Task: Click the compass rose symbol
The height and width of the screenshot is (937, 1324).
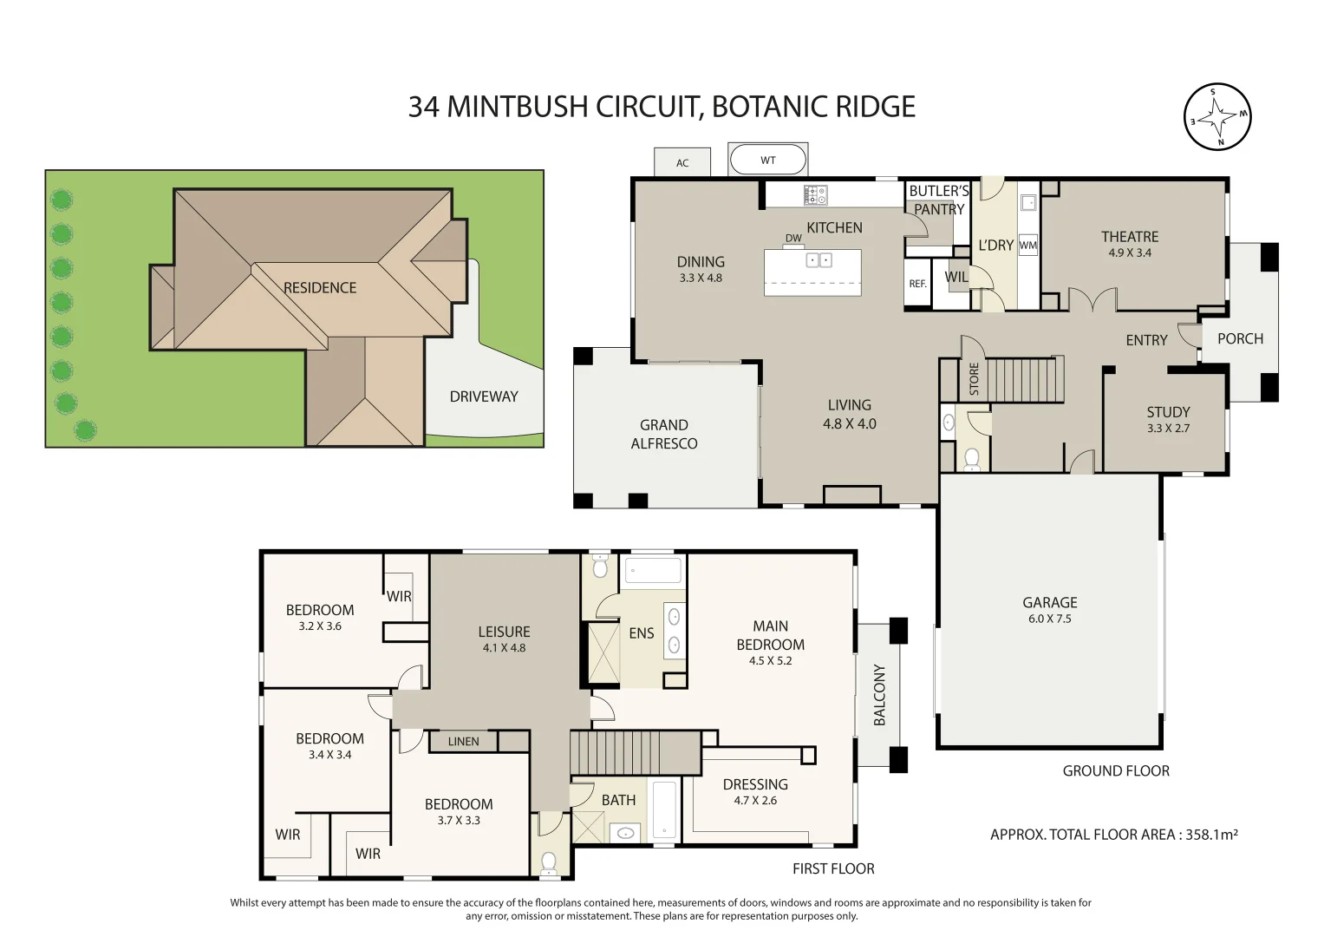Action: coord(1217,117)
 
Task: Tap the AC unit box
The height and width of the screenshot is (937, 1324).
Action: coord(682,162)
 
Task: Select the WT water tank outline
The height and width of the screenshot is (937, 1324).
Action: coord(768,160)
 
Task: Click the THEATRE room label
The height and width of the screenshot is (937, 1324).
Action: coord(1129,237)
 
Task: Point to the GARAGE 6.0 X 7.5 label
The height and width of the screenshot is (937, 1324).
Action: coord(1049,609)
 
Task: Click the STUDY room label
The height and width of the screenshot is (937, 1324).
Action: coord(1168,412)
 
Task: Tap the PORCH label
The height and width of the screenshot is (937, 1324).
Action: coord(1240,338)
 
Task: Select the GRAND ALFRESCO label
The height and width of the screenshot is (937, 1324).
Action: coord(664,434)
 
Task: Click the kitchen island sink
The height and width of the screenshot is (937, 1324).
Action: coord(819,260)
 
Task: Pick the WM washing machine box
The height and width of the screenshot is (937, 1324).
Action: coord(1027,246)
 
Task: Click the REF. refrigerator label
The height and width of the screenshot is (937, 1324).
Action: coord(917,284)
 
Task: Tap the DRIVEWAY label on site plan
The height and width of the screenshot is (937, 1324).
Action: coord(484,396)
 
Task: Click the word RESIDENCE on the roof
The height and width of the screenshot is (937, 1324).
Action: coord(320,288)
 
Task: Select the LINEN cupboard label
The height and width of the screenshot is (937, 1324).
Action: coord(463,742)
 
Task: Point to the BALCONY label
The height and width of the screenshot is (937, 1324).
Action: coord(879,695)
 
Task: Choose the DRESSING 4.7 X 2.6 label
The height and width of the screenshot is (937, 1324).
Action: coord(755,791)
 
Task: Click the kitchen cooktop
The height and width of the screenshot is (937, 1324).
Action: coord(816,195)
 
